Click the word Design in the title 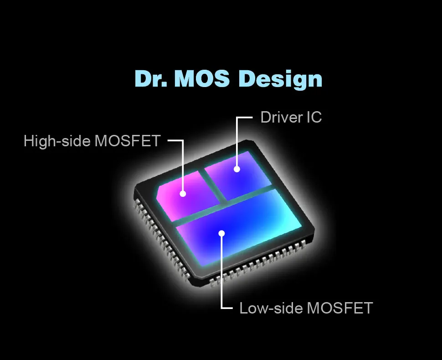(280, 79)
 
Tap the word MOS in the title (202, 78)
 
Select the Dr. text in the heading (151, 78)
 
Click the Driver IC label (291, 117)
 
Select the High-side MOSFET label (92, 141)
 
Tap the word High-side (57, 141)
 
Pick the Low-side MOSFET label (306, 308)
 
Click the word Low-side (271, 308)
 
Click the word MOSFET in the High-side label (128, 141)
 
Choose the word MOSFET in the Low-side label (340, 308)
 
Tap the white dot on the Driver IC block (237, 169)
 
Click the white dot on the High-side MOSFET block (183, 194)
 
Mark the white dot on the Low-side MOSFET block (222, 233)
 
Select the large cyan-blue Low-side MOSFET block (240, 227)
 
